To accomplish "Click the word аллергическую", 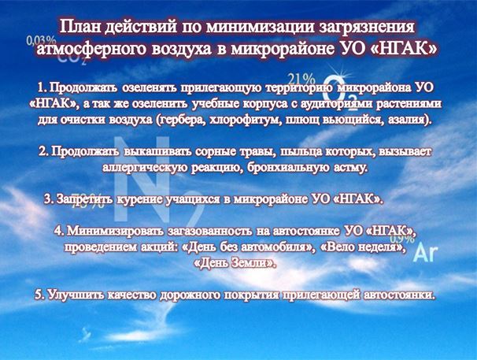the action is [145, 168].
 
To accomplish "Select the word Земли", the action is [253, 263].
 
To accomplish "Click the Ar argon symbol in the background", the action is [426, 253].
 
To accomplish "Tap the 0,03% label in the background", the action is [42, 41].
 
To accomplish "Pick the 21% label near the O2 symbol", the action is [301, 80].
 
